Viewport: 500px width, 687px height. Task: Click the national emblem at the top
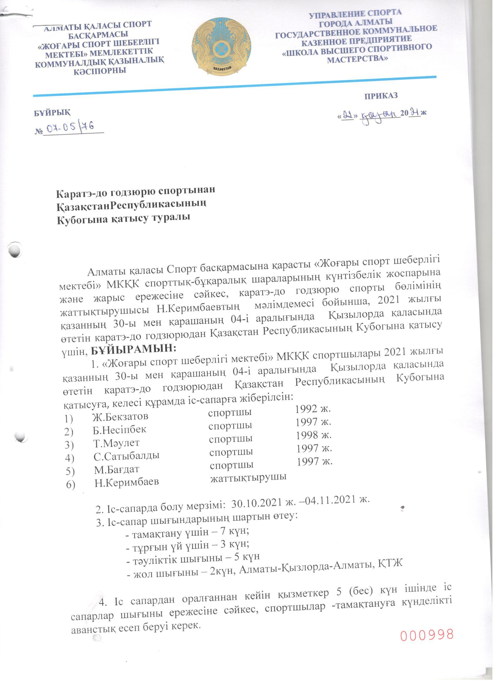(222, 46)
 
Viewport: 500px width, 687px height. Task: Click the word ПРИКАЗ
(381, 96)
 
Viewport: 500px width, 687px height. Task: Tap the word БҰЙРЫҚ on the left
(52, 112)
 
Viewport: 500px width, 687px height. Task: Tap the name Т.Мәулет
(116, 443)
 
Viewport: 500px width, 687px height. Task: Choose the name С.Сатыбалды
(126, 455)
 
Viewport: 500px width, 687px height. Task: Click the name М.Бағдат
(116, 469)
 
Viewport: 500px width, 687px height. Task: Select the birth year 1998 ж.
(314, 435)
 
